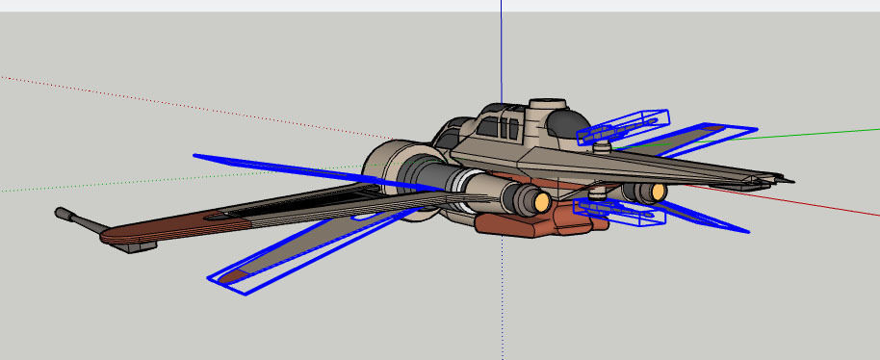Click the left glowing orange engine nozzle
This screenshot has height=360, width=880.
click(541, 200)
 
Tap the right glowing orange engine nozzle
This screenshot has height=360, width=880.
click(659, 192)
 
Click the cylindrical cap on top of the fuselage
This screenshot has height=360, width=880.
click(547, 103)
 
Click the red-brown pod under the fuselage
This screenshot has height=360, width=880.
click(530, 223)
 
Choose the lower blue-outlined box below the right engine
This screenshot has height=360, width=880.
click(621, 212)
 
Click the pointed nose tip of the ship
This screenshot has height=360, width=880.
click(791, 180)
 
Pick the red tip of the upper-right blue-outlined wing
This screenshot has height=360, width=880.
click(714, 128)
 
